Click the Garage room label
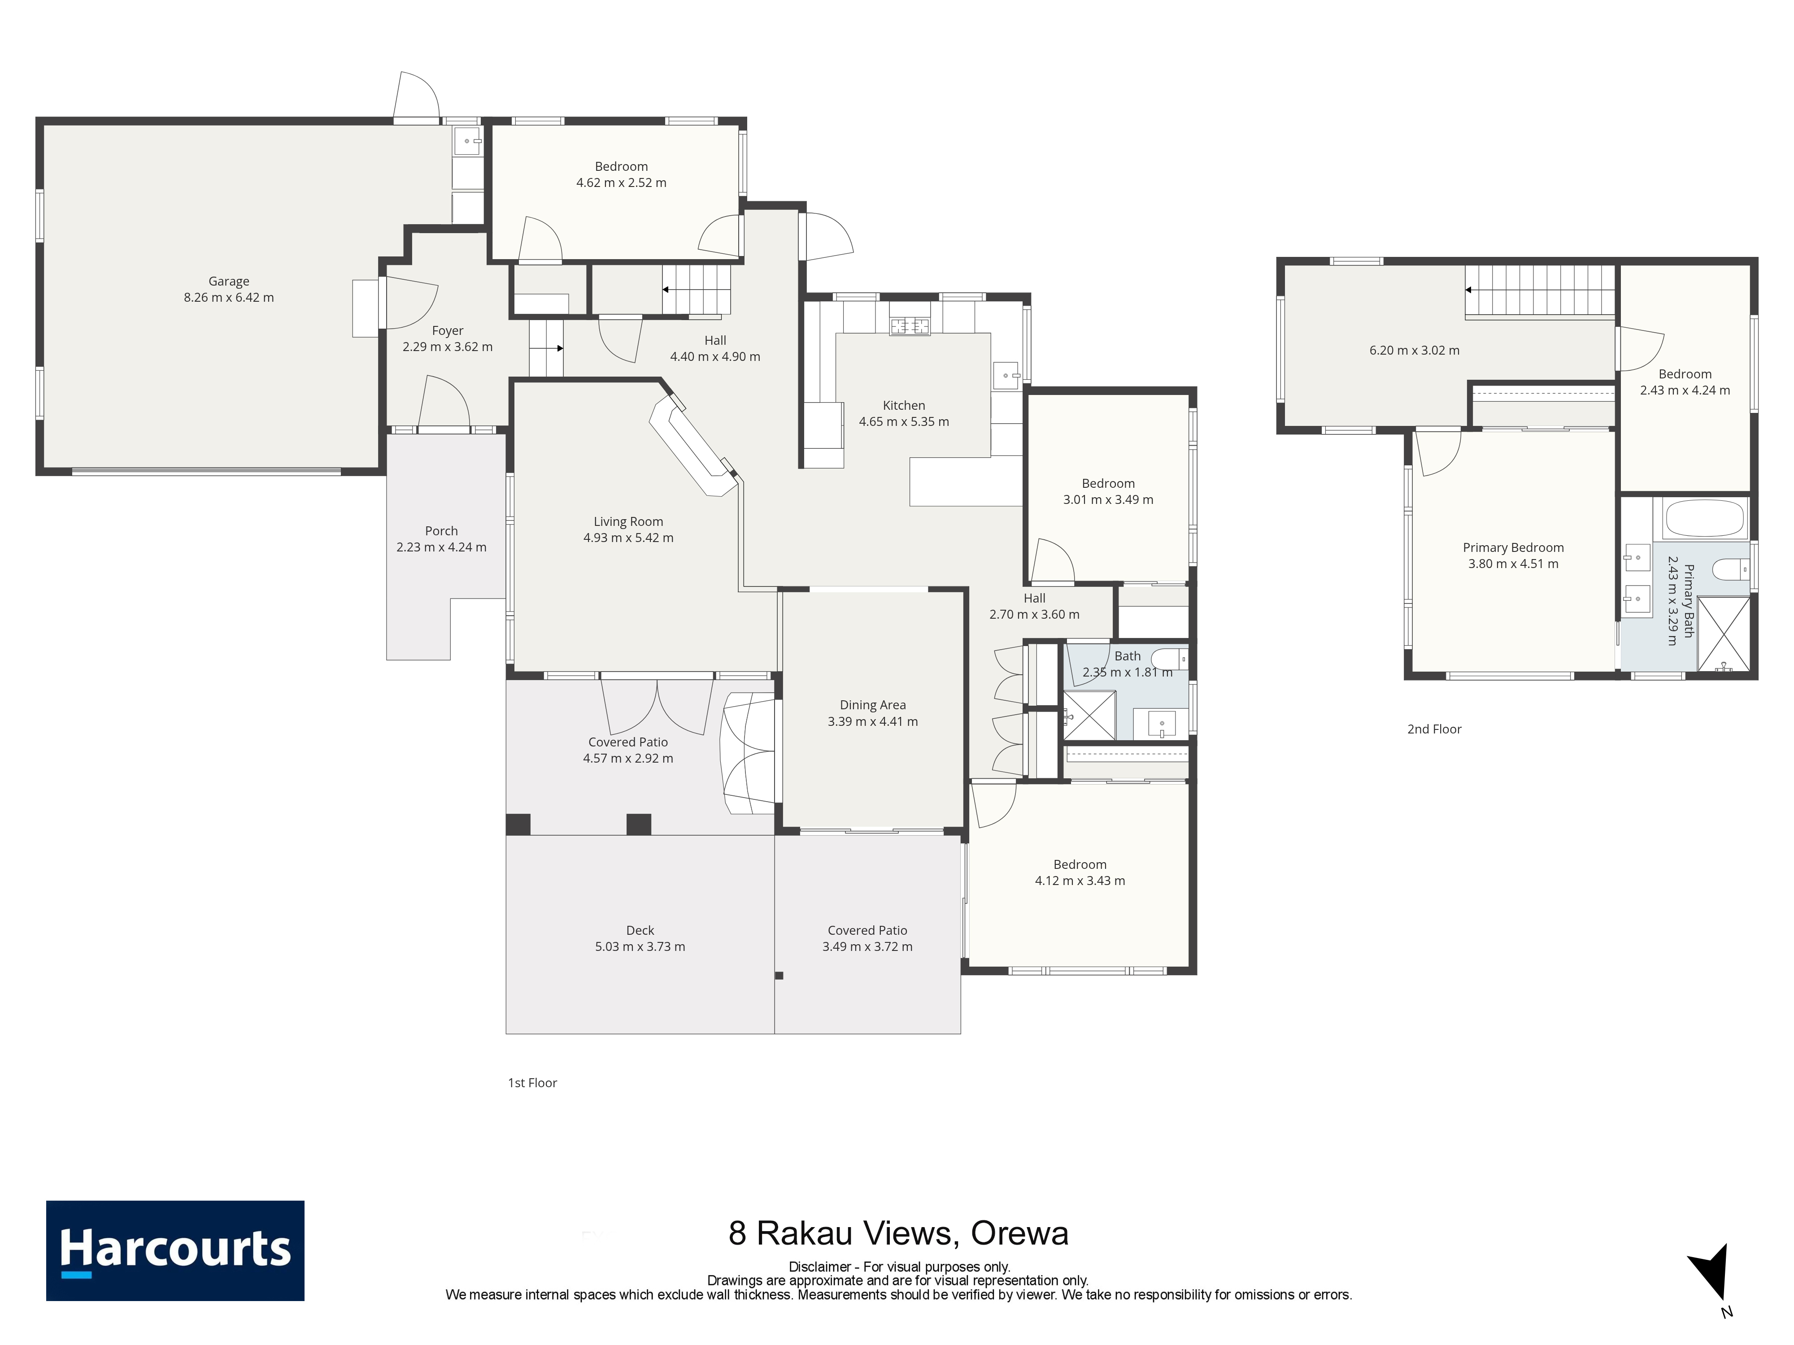(x=229, y=281)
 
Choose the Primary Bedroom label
(x=1513, y=548)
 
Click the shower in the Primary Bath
(x=1724, y=634)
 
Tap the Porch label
(x=441, y=531)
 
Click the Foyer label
(x=448, y=331)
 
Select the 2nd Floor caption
(x=1434, y=729)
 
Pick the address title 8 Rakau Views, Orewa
(x=899, y=1233)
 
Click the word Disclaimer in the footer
(x=819, y=1267)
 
